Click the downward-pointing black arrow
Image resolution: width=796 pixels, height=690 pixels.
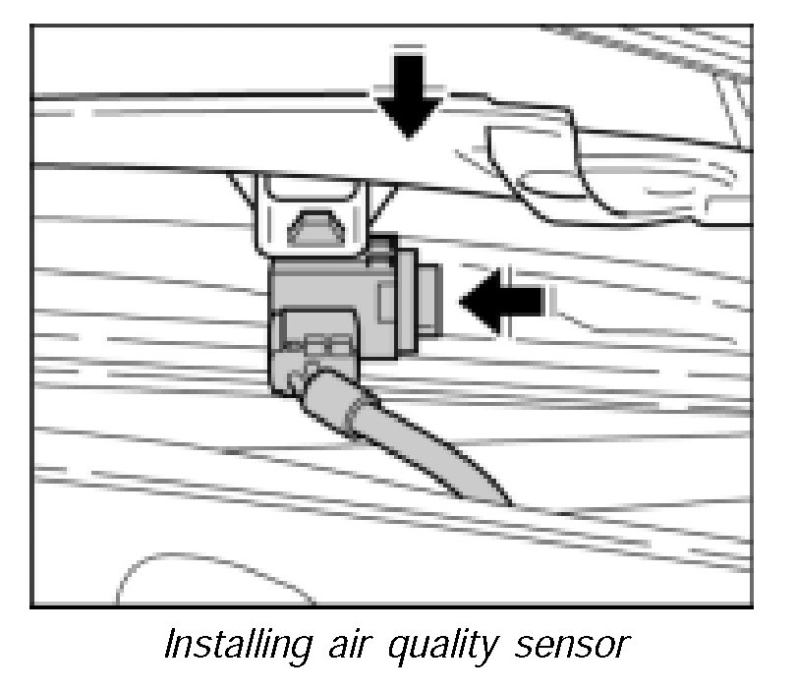(407, 99)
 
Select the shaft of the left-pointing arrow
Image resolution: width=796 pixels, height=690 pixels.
(521, 302)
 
